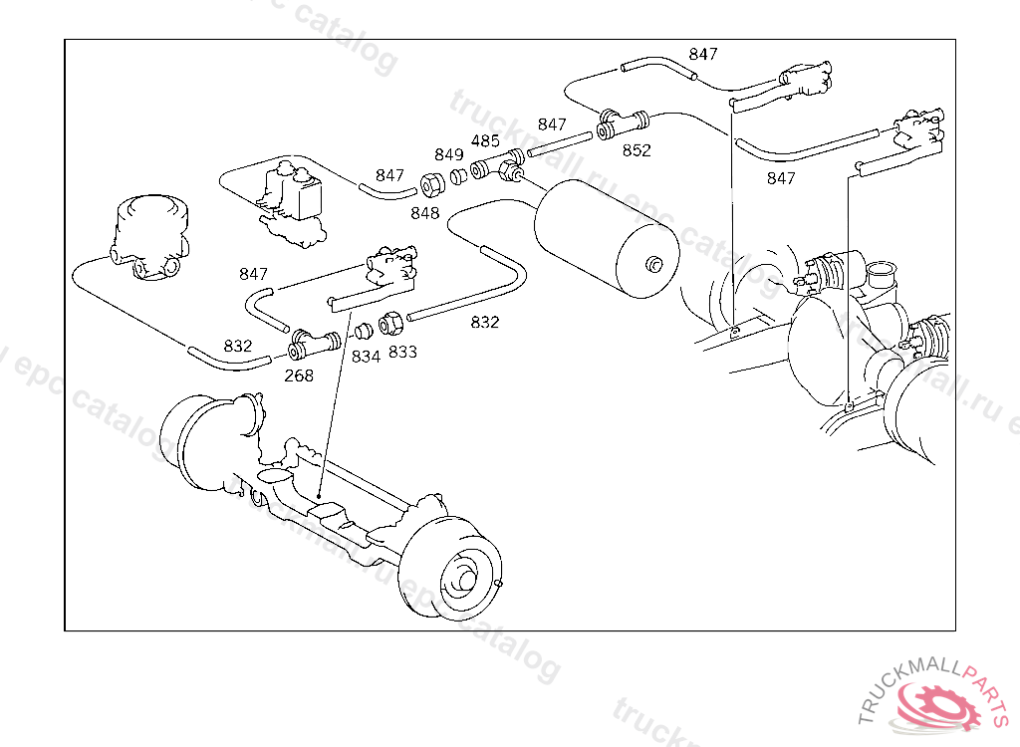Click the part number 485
coord(485,141)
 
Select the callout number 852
coord(637,150)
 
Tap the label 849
coord(449,154)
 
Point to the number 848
coord(424,212)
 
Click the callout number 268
coord(299,375)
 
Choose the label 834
coord(366,356)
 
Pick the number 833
coord(402,352)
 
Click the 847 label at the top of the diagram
coord(703,54)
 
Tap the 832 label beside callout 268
coord(238,346)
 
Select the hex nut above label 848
coord(433,184)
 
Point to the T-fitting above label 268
coord(313,345)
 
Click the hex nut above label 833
coord(391,324)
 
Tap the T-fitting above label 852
coord(622,126)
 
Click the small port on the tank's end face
coord(653,265)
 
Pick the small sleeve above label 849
coord(459,177)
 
